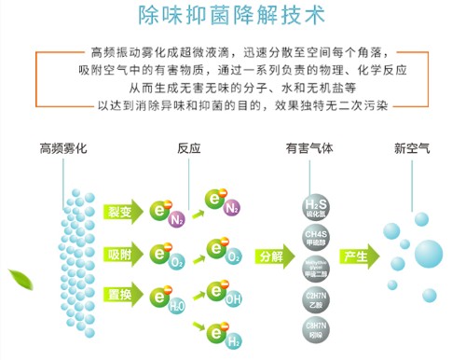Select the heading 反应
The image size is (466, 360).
point(189,149)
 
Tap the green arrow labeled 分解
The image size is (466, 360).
point(271,256)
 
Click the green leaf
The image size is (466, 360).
point(17,277)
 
